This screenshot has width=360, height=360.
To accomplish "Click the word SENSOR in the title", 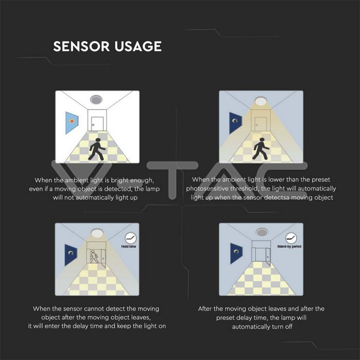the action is pos(81,46).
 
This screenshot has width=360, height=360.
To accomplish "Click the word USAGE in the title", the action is pos(138,46).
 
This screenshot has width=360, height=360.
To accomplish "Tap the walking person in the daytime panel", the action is pos(97,149).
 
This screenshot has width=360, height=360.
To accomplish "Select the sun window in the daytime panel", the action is pos(72,123).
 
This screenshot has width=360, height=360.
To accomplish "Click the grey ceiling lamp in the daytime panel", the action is pos(96,100).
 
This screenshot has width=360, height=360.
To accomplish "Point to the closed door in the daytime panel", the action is pos(97,124).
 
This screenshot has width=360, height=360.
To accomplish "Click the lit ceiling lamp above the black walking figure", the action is pos(260,101).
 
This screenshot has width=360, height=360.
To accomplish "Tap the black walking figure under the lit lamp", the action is pos(261,149).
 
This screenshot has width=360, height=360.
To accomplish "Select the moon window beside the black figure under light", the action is pos(236,123).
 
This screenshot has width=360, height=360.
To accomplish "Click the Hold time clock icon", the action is pos(131,238).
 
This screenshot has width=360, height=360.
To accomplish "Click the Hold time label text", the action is pos(129,246).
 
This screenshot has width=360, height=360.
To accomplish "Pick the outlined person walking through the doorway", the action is pos(94,257).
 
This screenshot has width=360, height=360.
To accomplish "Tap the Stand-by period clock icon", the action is pos(291,238).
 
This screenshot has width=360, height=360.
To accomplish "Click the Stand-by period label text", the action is pos(289,246).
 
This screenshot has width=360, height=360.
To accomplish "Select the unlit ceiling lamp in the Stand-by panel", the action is pos(261,232).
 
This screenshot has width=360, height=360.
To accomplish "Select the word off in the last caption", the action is pos(289,327).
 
